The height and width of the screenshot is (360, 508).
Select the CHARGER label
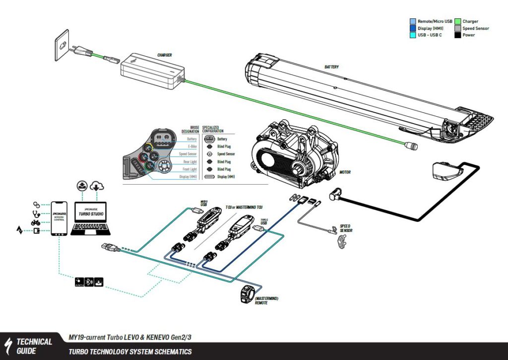pyautogui.click(x=164, y=55)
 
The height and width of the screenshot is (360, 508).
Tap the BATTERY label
pyautogui.click(x=331, y=67)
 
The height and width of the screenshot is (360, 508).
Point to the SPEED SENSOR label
pyautogui.click(x=347, y=227)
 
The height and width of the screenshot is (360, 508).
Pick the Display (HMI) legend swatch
pyautogui.click(x=413, y=28)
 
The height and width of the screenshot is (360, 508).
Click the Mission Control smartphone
pyautogui.click(x=59, y=219)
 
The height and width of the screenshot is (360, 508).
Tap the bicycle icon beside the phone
pyautogui.click(x=36, y=222)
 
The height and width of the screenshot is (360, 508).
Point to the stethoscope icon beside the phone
pyautogui.click(x=36, y=214)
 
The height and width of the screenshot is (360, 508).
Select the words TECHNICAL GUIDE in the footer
pyautogui.click(x=34, y=346)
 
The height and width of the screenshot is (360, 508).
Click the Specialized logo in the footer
pyautogui.click(x=9, y=346)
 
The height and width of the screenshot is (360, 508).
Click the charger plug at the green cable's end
pyautogui.click(x=411, y=145)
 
